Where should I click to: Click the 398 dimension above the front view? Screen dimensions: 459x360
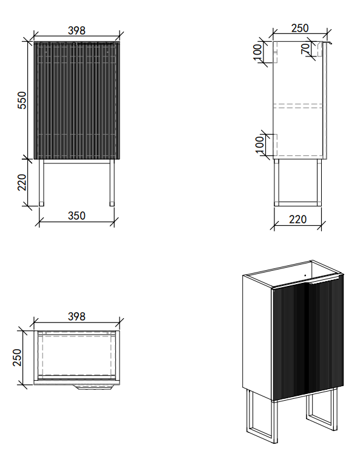coord(76,30)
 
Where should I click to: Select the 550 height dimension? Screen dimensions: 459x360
coord(22,100)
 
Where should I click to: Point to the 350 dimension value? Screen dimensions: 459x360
coord(76,216)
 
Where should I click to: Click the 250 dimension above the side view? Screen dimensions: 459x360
coord(300,28)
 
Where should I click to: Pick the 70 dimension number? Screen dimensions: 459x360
coord(305,49)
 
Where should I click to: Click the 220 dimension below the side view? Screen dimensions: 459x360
coord(297,219)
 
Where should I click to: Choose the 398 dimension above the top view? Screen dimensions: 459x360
coord(76,316)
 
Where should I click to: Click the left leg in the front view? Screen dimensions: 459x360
coord(41,182)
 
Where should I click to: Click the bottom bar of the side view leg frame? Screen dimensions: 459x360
coord(297,202)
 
